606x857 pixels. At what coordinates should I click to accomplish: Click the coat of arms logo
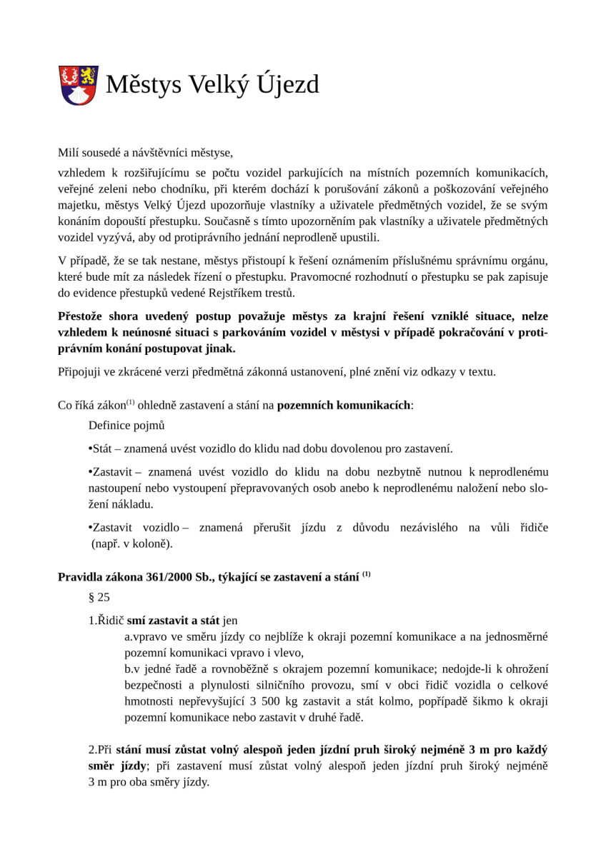[78, 85]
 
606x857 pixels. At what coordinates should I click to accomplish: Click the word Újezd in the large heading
[287, 85]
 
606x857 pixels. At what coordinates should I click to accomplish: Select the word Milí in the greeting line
[69, 152]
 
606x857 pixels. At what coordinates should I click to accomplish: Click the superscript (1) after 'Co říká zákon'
[131, 403]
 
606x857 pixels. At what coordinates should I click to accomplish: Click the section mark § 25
[99, 597]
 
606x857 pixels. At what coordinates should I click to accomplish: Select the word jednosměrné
[514, 636]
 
